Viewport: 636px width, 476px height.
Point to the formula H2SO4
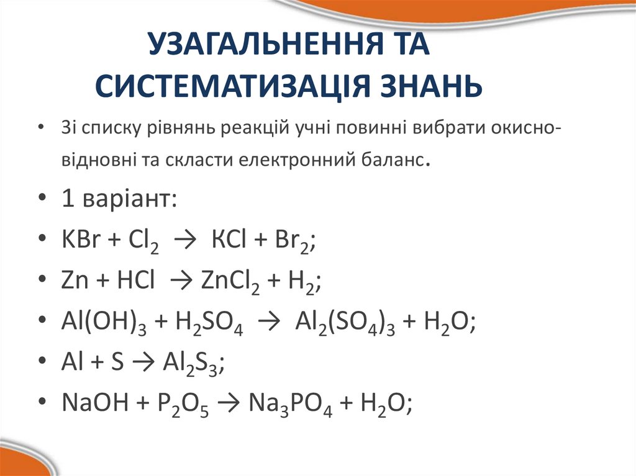209,323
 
